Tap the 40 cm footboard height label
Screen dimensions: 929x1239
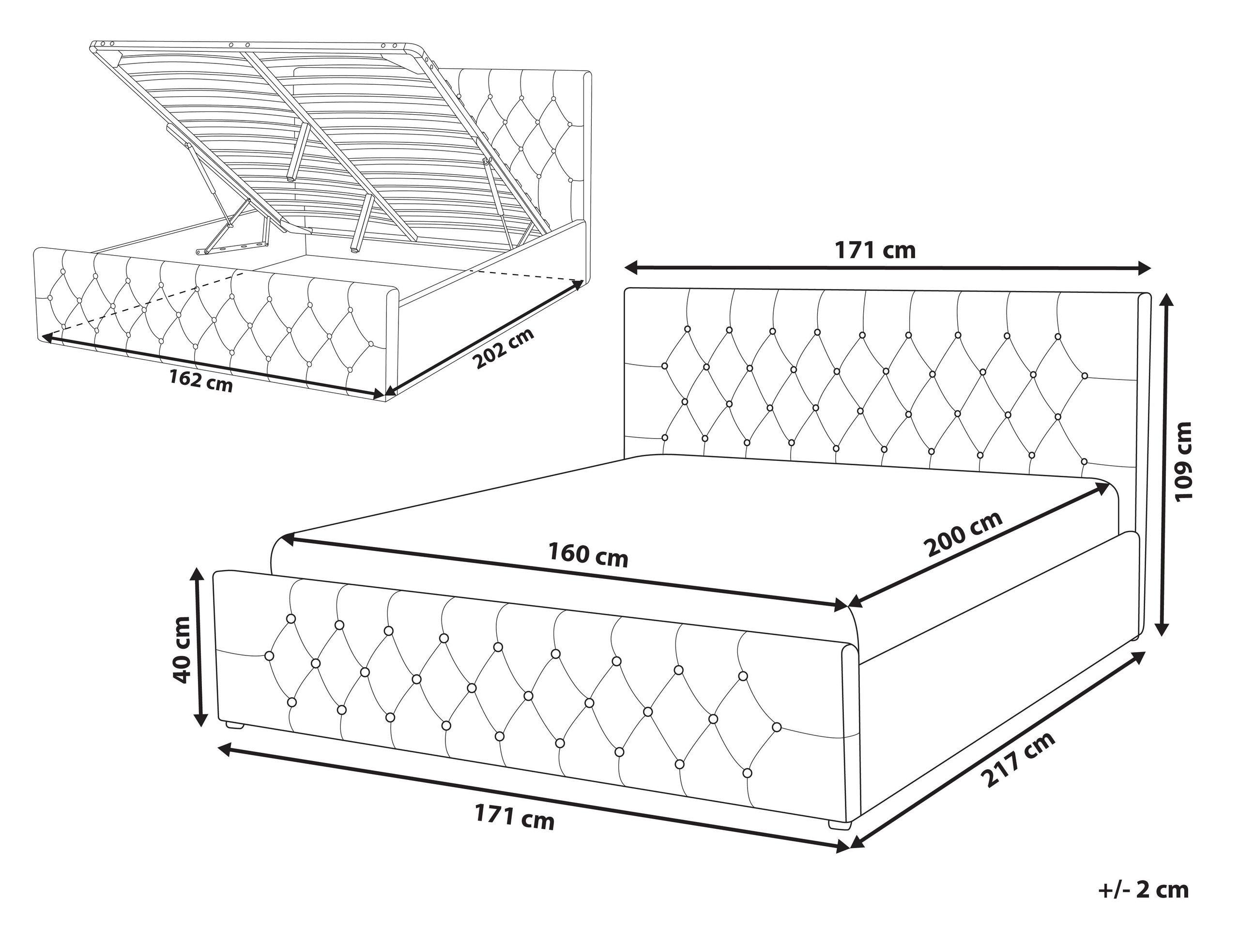(x=183, y=650)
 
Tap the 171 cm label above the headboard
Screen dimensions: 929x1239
(x=875, y=250)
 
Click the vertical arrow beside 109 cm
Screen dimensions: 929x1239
(x=1163, y=465)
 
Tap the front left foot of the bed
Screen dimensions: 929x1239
(x=235, y=725)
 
